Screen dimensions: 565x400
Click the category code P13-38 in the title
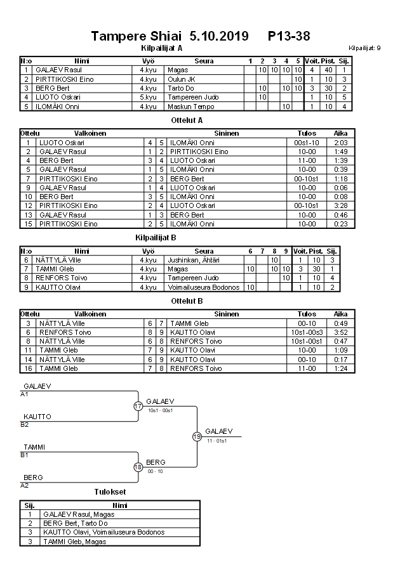click(x=289, y=36)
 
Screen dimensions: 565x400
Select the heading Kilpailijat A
click(x=161, y=48)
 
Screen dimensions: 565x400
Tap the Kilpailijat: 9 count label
click(x=364, y=48)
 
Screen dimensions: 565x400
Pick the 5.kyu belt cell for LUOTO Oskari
click(x=147, y=97)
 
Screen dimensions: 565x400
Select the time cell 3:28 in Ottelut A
click(x=340, y=205)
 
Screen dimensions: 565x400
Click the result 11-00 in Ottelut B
click(x=307, y=368)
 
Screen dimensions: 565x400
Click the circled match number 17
click(x=138, y=406)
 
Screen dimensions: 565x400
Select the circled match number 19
click(x=197, y=436)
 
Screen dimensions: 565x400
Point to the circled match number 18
click(x=138, y=467)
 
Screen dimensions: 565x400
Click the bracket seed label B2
click(x=25, y=424)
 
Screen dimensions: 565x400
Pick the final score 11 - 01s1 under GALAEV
click(x=217, y=441)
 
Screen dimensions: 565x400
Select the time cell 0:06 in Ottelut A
click(x=340, y=188)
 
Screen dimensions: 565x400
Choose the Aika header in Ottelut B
click(x=340, y=314)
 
